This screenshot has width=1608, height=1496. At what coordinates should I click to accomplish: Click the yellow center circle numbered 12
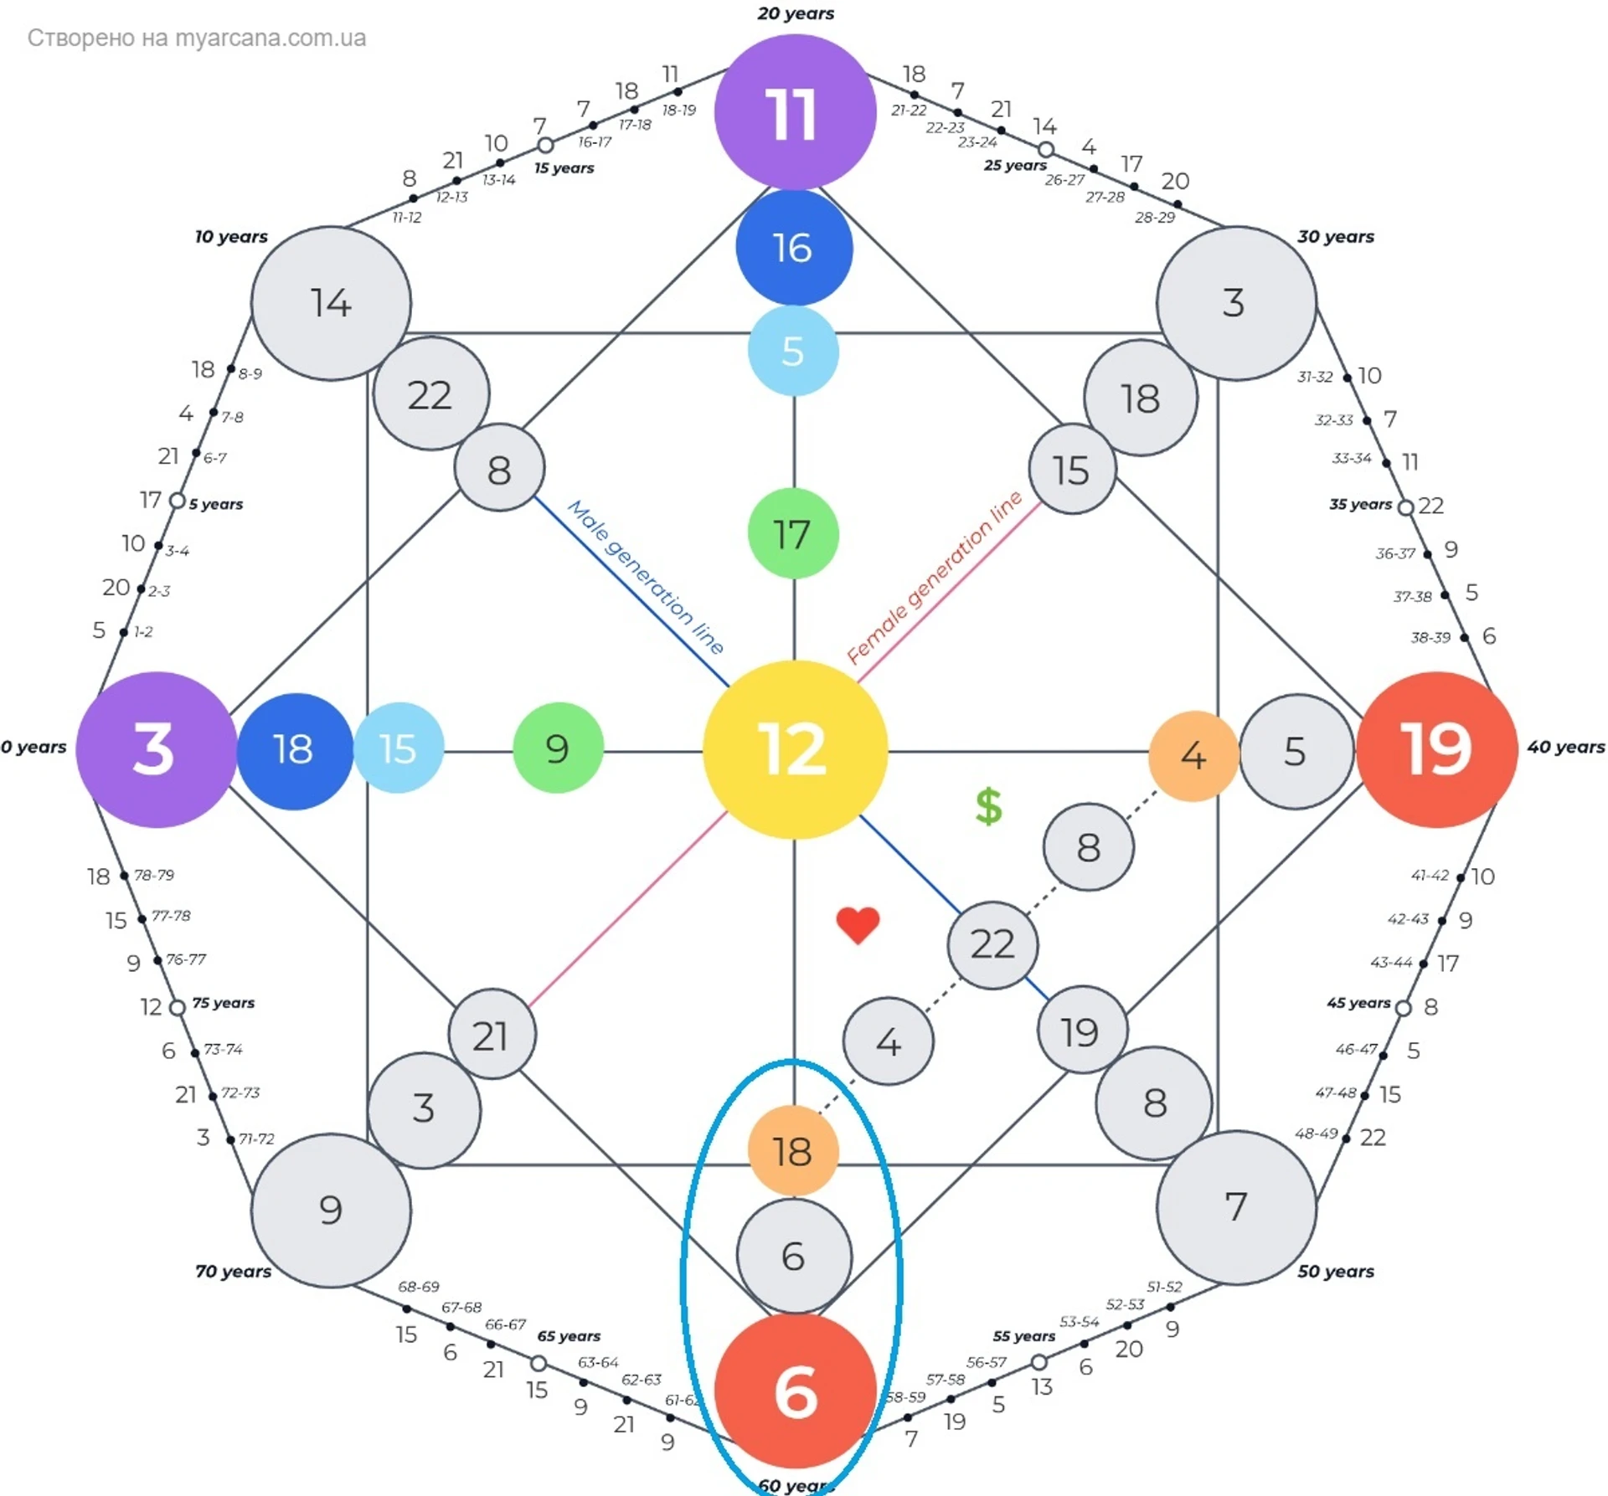794,749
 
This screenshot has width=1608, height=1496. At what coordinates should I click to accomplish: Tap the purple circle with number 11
794,112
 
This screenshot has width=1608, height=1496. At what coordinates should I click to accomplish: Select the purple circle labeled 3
155,749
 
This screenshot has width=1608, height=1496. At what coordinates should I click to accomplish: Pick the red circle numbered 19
1436,749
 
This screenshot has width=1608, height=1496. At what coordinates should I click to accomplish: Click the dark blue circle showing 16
794,248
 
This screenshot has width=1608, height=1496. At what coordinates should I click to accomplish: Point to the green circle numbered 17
792,534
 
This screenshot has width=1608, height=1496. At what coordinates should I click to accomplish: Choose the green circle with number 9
558,748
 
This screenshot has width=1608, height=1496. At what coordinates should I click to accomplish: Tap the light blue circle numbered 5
792,351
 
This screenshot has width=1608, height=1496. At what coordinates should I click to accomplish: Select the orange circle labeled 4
1193,756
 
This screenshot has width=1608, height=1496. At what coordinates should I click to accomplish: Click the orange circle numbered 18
792,1151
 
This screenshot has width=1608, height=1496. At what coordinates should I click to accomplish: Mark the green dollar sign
988,806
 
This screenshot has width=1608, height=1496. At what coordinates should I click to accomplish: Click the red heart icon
858,925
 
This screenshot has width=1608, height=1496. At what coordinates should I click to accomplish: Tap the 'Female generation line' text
935,578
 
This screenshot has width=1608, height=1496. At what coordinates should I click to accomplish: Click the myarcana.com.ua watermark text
197,38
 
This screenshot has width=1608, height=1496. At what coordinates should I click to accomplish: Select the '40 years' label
1565,747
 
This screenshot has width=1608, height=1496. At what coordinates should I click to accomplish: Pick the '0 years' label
33,747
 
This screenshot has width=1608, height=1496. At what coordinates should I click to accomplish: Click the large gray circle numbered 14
331,303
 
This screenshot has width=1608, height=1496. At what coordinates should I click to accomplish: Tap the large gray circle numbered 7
1236,1207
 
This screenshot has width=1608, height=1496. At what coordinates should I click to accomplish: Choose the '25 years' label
1015,165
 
